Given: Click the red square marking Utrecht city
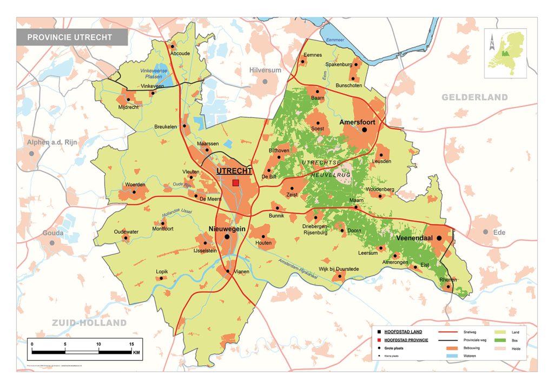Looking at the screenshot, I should [235, 183].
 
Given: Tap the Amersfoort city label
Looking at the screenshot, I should [357, 123].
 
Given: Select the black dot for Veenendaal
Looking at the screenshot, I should [439, 238].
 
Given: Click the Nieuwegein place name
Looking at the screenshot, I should [227, 229].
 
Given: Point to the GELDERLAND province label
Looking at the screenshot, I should [474, 97].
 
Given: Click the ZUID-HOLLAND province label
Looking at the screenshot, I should [89, 323].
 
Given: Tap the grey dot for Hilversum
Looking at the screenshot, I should [265, 81].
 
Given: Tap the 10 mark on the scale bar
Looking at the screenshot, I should [98, 344].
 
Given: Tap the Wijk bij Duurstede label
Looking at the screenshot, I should [339, 269].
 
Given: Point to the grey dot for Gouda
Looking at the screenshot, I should [52, 243].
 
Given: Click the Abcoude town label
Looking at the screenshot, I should [180, 54].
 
